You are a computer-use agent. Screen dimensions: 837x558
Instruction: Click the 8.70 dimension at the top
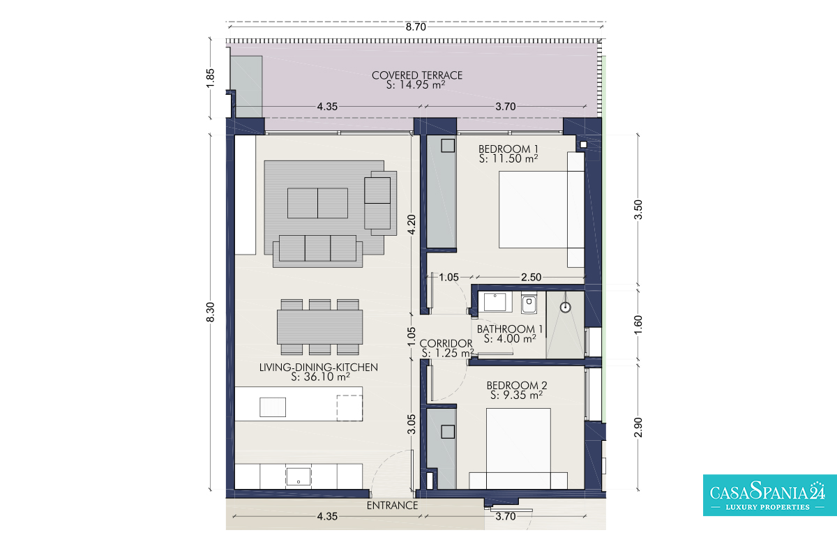(416, 27)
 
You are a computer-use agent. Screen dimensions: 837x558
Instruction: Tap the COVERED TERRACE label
(417, 75)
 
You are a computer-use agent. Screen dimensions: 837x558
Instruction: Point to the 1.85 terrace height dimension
(211, 78)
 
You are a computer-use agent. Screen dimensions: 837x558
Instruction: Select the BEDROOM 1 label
(508, 149)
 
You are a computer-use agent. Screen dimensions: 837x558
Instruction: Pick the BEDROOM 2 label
(517, 385)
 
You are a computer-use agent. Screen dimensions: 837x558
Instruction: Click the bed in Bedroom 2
(518, 448)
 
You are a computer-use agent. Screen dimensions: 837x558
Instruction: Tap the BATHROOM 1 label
(510, 329)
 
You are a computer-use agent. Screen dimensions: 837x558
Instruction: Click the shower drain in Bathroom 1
(566, 307)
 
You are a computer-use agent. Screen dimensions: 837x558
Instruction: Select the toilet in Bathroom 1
(529, 303)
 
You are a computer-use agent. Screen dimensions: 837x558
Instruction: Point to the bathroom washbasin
(495, 302)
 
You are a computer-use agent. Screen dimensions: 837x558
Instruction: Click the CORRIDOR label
(446, 343)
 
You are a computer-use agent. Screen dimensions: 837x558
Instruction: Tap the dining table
(319, 327)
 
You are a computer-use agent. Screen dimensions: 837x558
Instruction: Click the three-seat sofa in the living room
(317, 251)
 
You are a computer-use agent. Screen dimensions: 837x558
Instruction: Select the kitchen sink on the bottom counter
(299, 477)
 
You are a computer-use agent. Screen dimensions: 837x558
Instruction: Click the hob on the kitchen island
(273, 407)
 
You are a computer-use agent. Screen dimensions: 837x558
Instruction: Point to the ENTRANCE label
(392, 505)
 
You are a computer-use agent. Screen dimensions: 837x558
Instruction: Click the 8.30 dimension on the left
(211, 312)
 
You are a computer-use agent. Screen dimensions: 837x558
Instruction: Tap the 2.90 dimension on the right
(638, 427)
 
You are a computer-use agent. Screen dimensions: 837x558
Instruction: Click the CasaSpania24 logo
(770, 495)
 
